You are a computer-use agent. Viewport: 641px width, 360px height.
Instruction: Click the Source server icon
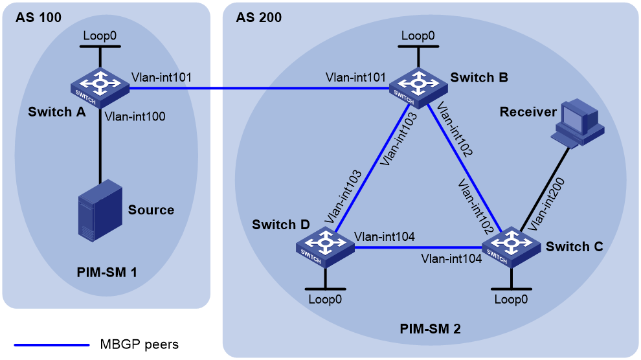click(x=100, y=209)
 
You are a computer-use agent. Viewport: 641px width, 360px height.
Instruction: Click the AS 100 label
click(x=38, y=17)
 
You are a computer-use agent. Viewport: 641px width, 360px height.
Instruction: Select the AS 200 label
click(x=259, y=17)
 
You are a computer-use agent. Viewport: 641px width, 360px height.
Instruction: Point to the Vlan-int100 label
click(x=135, y=117)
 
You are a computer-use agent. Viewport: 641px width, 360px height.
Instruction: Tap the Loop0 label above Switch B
click(x=418, y=36)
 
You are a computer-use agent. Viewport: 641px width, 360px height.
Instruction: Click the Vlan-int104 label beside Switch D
click(x=385, y=236)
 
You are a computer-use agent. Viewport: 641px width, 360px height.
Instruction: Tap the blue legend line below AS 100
click(x=52, y=345)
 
